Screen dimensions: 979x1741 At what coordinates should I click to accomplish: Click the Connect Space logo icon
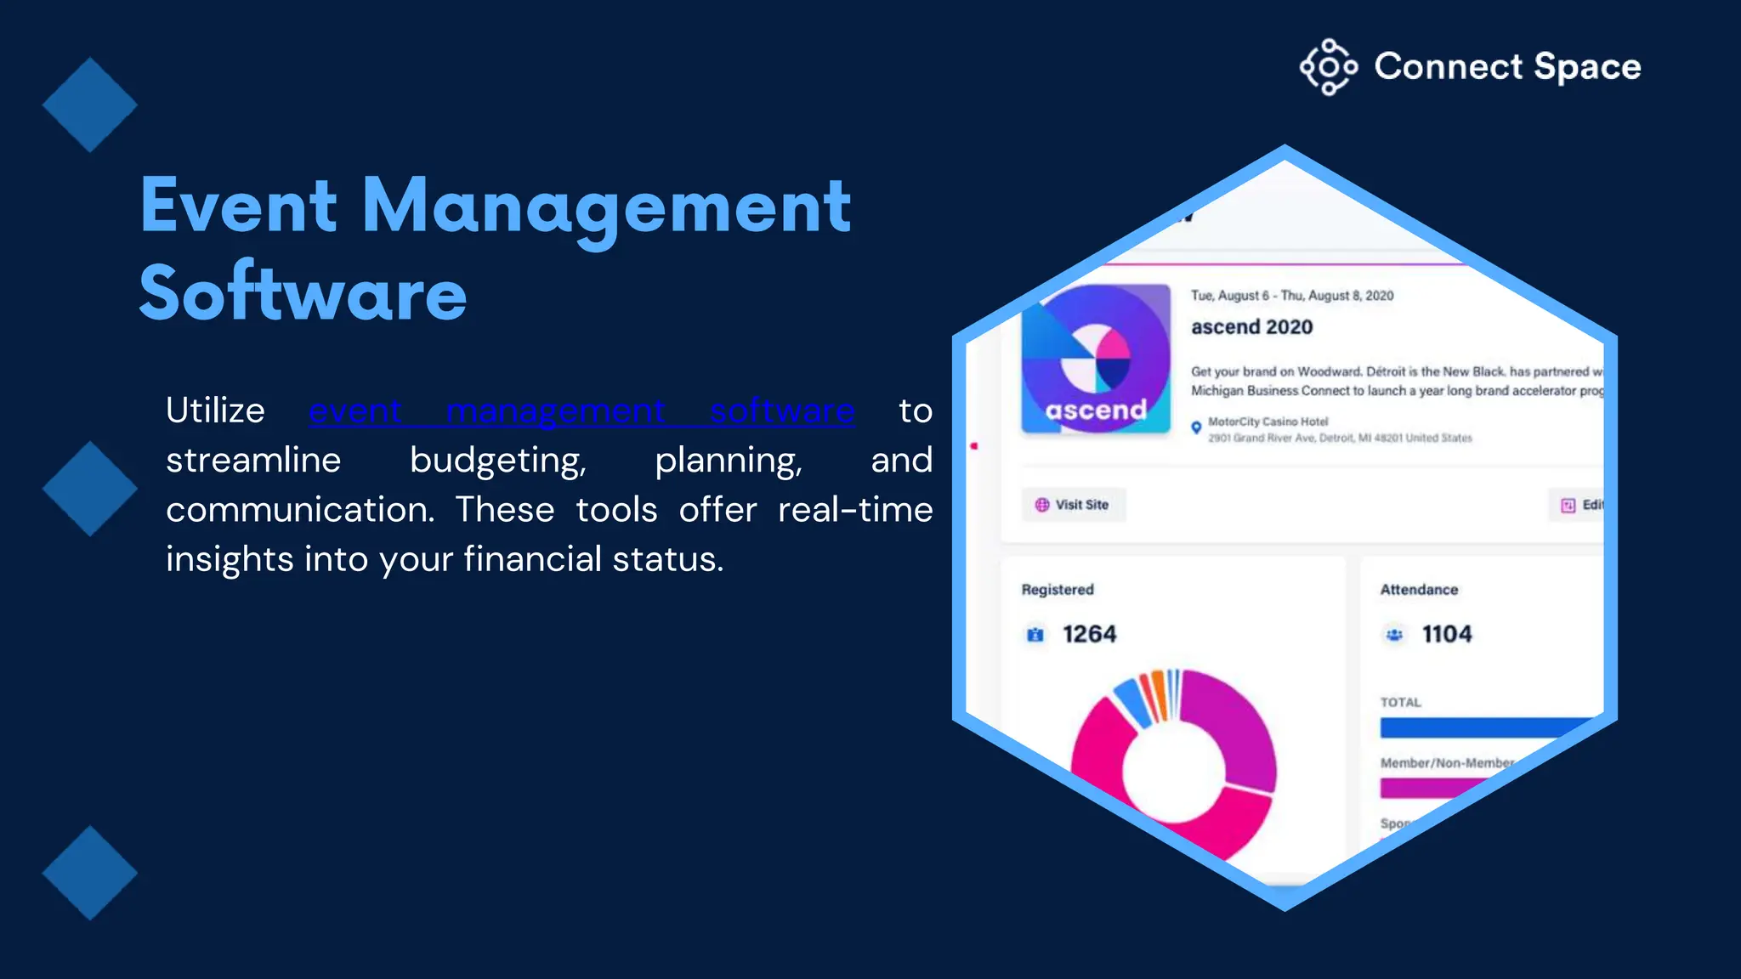1328,67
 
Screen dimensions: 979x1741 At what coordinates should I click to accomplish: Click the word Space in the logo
1587,67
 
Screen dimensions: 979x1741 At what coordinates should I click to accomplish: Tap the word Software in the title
303,293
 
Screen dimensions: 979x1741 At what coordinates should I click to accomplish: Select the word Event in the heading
239,206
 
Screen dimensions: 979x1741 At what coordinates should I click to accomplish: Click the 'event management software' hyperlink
581,411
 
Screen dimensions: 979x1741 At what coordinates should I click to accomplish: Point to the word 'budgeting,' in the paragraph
497,461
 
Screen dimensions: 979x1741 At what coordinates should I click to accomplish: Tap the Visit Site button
1073,505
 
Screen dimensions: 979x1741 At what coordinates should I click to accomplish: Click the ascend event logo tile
1096,359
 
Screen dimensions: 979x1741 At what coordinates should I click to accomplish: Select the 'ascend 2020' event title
1251,327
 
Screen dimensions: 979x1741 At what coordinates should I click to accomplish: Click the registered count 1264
1089,634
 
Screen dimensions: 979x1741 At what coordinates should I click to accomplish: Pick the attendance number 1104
1446,634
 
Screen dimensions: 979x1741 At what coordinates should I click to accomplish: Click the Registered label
1058,590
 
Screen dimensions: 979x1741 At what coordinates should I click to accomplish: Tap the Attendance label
1419,590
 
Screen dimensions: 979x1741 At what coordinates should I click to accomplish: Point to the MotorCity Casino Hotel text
1267,422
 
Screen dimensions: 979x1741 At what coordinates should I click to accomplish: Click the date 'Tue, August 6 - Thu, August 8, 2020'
1292,296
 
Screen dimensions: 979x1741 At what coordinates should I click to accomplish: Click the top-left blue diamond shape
89,105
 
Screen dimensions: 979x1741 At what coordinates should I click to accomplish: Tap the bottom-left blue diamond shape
89,873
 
